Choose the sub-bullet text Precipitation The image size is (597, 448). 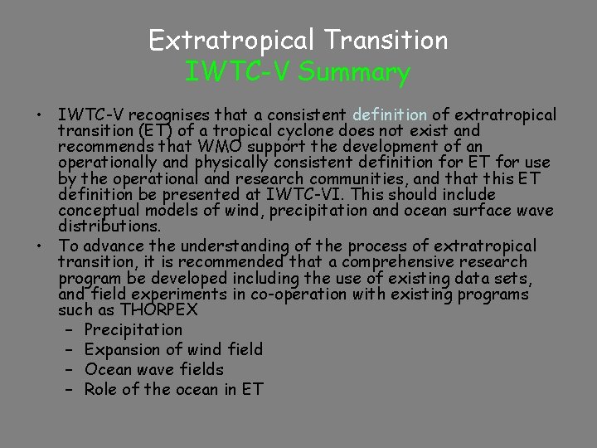pos(133,329)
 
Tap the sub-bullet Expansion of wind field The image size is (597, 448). pos(173,349)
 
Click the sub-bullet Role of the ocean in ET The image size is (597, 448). pos(173,389)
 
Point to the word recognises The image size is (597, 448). pos(177,114)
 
